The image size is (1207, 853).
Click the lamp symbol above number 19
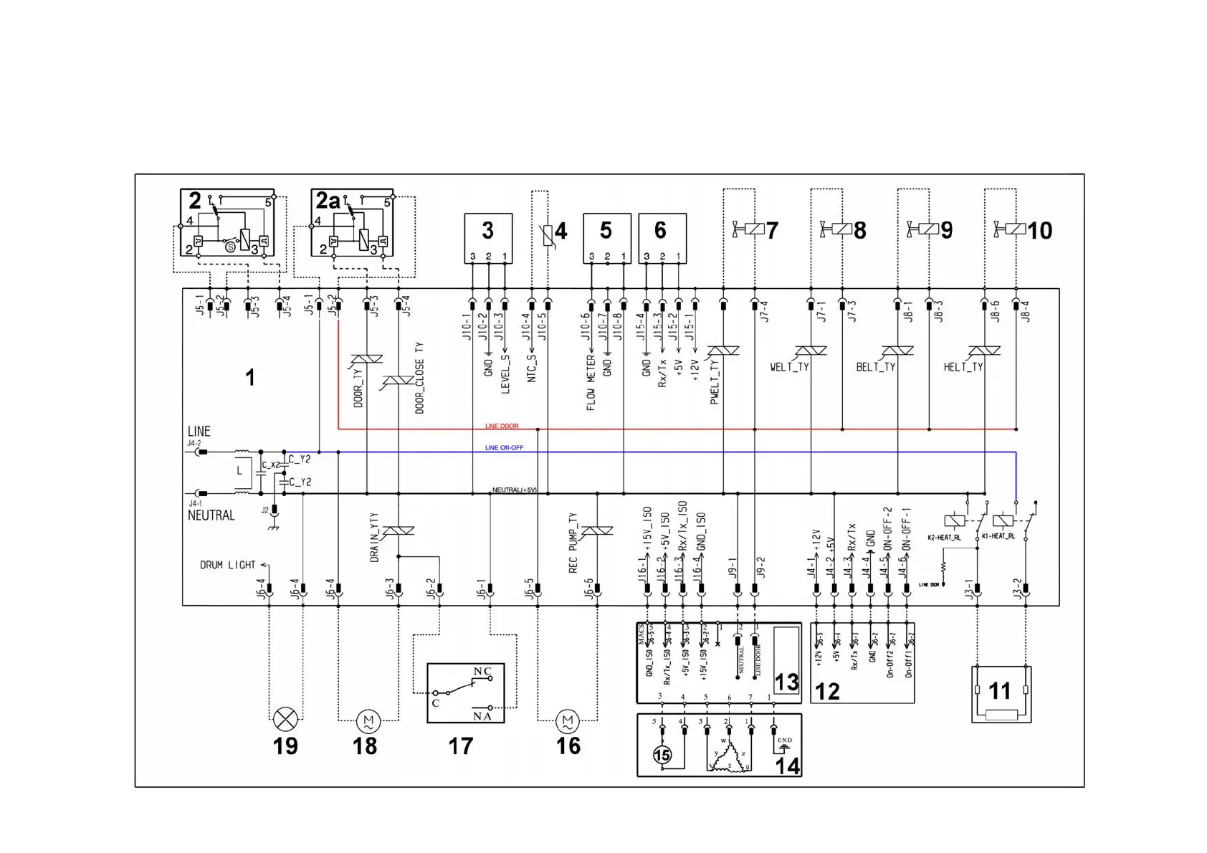tap(285, 718)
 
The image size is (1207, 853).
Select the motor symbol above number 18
tap(368, 720)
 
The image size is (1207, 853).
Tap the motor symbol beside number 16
tap(567, 720)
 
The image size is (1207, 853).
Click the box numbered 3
tap(488, 238)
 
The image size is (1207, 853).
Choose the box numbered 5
tap(606, 238)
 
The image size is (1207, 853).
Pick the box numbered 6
tap(662, 238)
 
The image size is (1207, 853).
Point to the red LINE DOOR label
tap(502, 426)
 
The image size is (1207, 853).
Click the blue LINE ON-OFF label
tap(504, 448)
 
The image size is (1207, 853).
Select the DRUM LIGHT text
tap(227, 565)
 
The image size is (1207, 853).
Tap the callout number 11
tap(999, 691)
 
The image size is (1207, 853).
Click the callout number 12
tap(827, 692)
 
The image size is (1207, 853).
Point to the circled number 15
tap(662, 755)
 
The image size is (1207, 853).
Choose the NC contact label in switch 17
tap(482, 672)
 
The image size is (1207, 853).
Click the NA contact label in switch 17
tap(482, 716)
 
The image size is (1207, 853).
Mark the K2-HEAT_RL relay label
tap(944, 537)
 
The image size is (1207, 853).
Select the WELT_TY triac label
tap(789, 367)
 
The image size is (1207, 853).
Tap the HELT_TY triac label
tap(963, 367)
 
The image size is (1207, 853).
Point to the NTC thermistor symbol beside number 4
tap(548, 234)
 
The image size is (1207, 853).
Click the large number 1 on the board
tap(250, 378)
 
